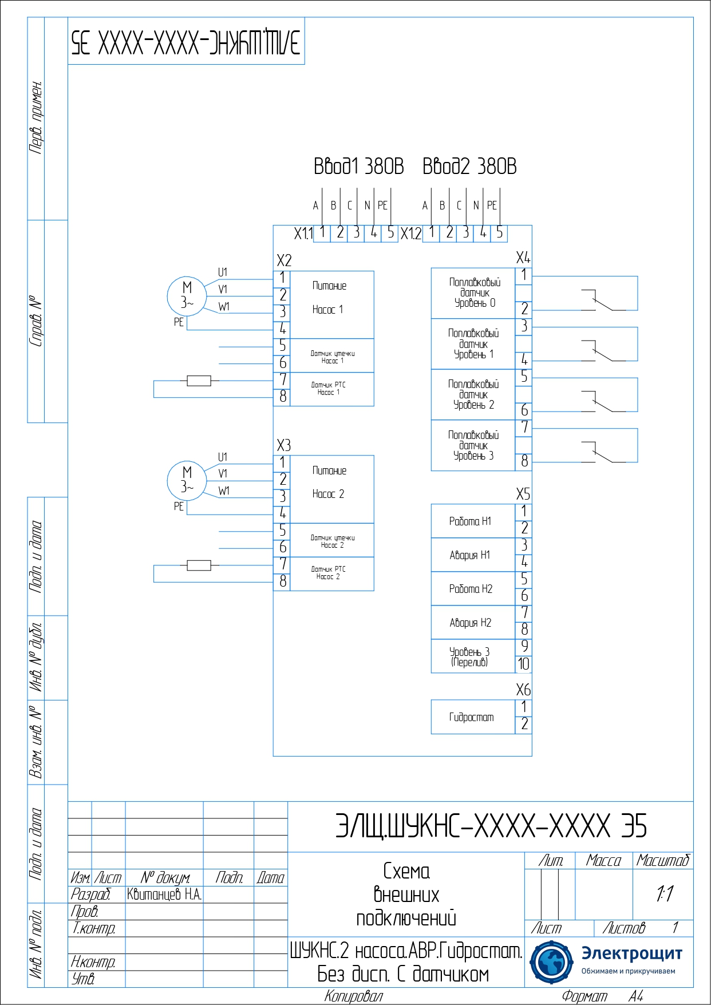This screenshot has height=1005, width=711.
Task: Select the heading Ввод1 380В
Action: point(359,167)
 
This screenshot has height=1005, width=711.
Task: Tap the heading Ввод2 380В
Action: point(469,167)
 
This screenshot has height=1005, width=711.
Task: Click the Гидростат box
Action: point(473,717)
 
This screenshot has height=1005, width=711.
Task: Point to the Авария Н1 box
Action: point(473,555)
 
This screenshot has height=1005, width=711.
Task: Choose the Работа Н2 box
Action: point(473,588)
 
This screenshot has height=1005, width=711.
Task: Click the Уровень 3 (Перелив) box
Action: point(473,656)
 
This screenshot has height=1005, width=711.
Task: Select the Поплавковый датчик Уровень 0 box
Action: point(473,293)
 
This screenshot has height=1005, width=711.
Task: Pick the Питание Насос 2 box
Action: point(332,489)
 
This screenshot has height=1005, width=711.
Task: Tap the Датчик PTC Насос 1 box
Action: point(332,389)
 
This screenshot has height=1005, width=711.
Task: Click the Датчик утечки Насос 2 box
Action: point(332,541)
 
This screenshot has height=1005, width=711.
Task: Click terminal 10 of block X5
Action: point(524,664)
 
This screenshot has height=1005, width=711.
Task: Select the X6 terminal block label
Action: point(523,690)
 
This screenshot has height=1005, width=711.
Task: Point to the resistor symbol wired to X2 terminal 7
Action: point(199,381)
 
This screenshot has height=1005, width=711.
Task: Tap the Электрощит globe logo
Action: point(551,962)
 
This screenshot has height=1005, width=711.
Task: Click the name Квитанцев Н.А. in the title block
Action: point(164,895)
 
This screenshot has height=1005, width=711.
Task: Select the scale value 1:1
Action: point(664,893)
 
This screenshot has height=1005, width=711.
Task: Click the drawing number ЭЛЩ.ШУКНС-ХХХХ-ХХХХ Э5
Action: point(491,826)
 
